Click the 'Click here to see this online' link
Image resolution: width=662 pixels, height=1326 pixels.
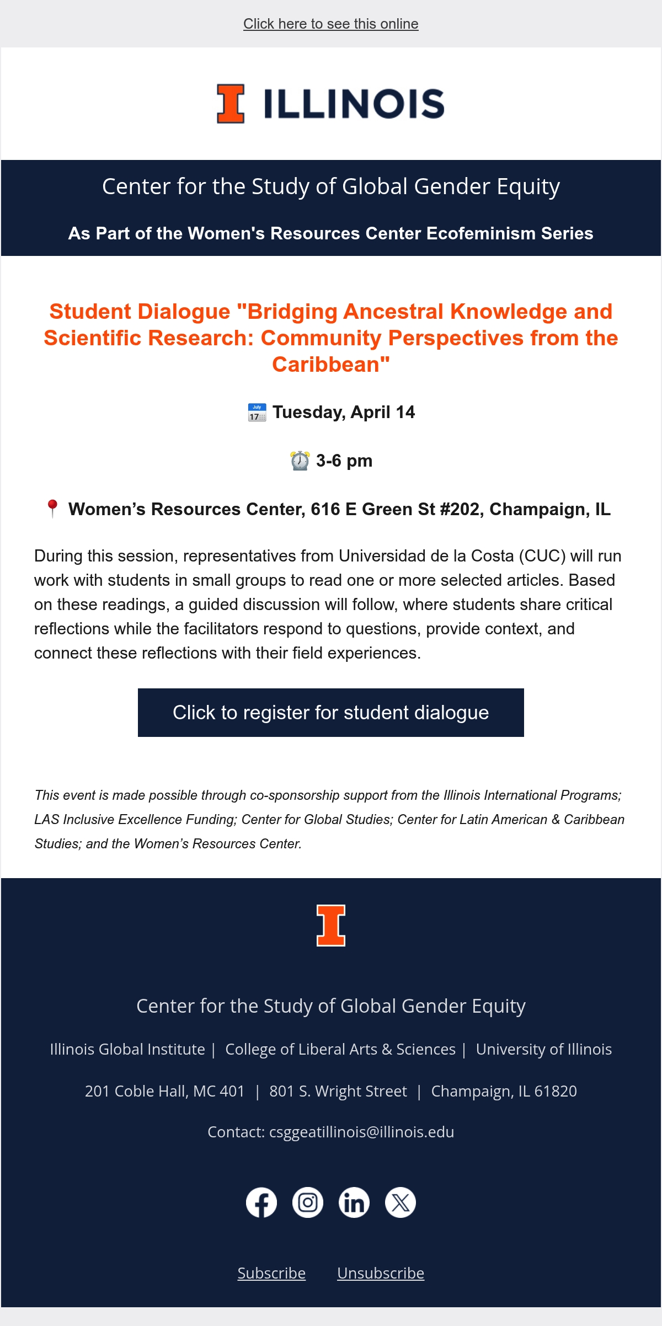tap(331, 24)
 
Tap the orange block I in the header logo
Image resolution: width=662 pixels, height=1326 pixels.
tap(231, 104)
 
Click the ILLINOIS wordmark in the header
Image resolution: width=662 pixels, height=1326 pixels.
tap(354, 104)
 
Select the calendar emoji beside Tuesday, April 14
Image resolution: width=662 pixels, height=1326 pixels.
tap(257, 413)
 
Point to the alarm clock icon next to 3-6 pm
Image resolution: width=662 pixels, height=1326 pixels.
tap(300, 461)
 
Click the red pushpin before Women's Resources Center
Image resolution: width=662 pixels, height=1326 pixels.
tap(52, 509)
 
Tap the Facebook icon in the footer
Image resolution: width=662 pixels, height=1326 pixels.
tap(261, 1202)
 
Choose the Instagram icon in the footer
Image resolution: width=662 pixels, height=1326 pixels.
tap(308, 1202)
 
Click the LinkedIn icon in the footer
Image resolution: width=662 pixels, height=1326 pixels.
tap(354, 1202)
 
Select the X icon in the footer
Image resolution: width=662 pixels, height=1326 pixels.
tap(401, 1202)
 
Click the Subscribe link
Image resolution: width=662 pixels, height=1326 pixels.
tap(271, 1273)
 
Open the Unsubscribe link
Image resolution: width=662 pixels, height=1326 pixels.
tap(381, 1273)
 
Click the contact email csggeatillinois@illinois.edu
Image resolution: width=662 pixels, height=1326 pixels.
tap(361, 1132)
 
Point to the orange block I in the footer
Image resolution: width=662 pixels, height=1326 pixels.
tap(331, 926)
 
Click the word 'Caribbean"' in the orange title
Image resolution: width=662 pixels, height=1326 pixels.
tap(331, 365)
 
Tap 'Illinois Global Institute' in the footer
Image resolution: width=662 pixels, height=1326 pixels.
tap(127, 1049)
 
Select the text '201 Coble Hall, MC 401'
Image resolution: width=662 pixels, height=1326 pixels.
tap(164, 1091)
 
